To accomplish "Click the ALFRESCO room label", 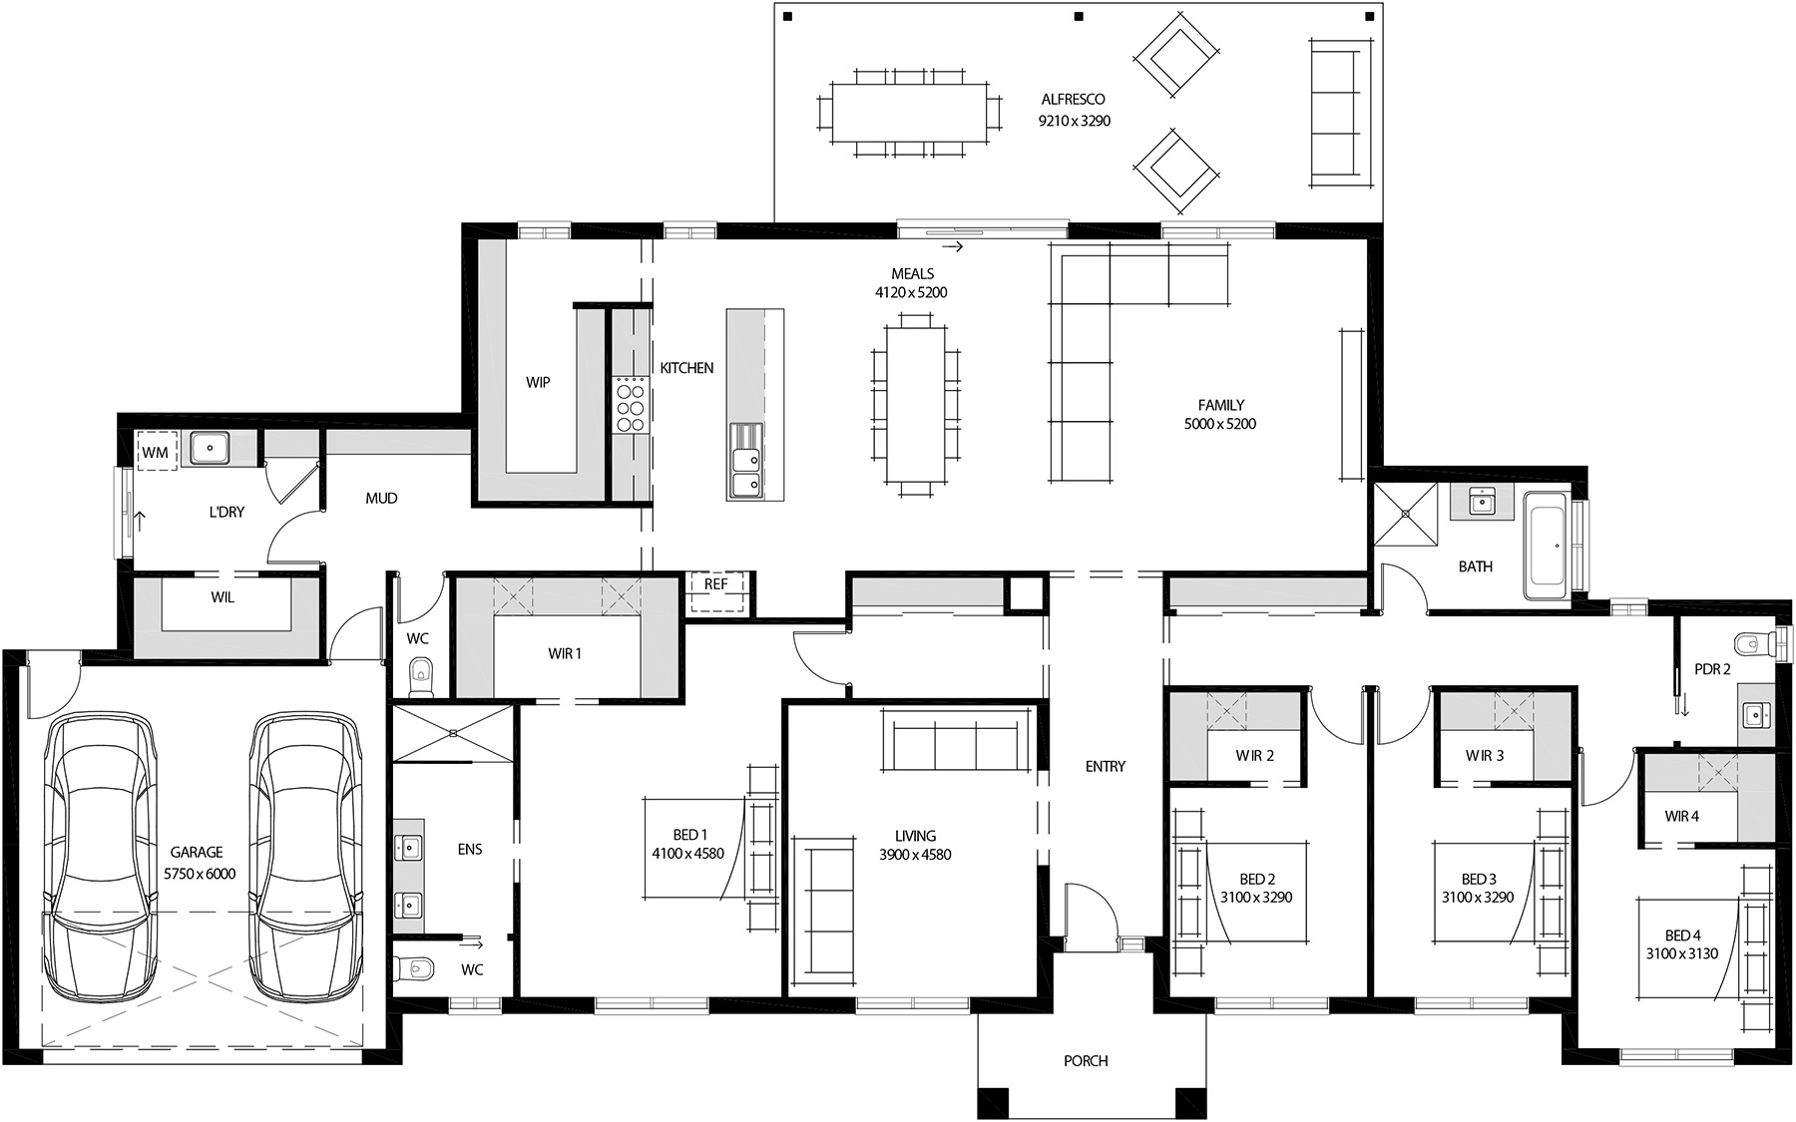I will [x=1073, y=100].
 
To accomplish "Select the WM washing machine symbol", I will [x=156, y=452].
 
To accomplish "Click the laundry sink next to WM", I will [x=211, y=448].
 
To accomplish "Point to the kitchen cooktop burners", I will [x=630, y=403].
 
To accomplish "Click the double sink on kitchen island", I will [x=744, y=460].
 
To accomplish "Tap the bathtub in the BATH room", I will [x=1546, y=545].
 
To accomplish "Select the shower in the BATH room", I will [x=1406, y=514].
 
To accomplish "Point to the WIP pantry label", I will [x=538, y=383].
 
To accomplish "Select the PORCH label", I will [x=1085, y=1061].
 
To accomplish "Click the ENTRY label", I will [x=1105, y=767].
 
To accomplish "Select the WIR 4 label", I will [x=1681, y=817].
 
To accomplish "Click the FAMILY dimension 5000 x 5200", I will [x=1220, y=424].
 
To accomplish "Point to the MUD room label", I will [x=381, y=498].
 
